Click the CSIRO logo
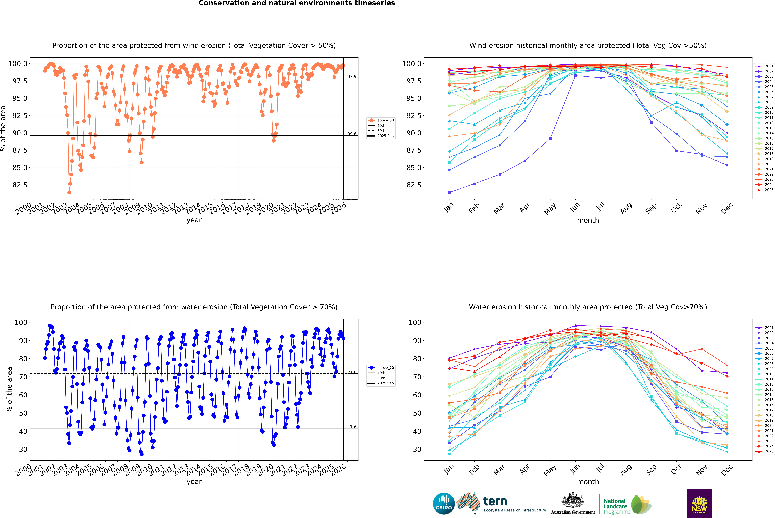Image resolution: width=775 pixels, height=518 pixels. click(444, 503)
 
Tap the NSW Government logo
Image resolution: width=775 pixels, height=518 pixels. click(699, 503)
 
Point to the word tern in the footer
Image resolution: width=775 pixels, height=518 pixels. click(495, 501)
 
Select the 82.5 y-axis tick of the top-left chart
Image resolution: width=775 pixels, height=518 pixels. click(20, 185)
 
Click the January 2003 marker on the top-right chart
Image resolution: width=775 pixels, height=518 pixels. click(449, 192)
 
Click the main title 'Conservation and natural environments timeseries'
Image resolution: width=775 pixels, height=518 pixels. click(297, 3)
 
